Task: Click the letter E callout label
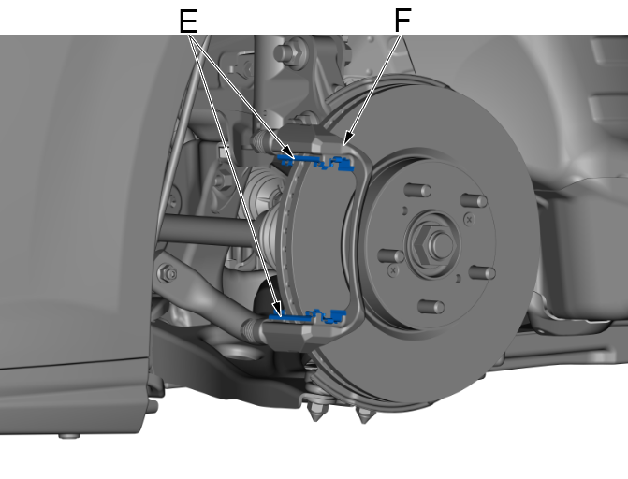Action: pos(188,22)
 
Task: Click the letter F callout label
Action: pos(402,21)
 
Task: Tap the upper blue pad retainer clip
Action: pos(317,162)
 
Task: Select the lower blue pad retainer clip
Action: pos(309,317)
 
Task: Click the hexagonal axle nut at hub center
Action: pos(432,245)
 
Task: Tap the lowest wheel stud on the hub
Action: pos(431,307)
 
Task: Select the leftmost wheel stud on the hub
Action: pos(391,255)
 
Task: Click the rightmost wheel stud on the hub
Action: pos(482,273)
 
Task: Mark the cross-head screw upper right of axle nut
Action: pos(470,219)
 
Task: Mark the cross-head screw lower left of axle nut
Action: pos(393,270)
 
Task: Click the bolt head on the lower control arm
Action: pos(168,273)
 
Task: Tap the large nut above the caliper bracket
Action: pos(291,52)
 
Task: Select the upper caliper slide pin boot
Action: pos(261,141)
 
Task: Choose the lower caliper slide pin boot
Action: pos(253,329)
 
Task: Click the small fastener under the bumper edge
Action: pos(69,435)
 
